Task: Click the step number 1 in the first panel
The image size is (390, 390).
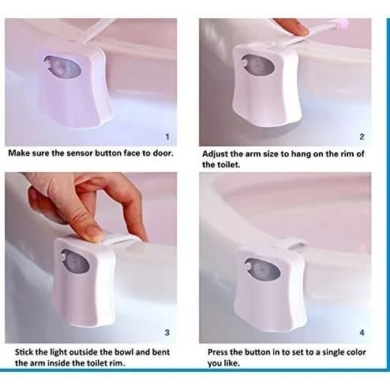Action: [167, 137]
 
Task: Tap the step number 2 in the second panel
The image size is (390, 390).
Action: [362, 137]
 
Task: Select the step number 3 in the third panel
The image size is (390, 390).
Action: [167, 332]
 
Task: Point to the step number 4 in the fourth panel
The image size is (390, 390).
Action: [362, 332]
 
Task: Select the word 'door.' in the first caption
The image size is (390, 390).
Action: [163, 153]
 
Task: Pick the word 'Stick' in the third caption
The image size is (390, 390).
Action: [24, 352]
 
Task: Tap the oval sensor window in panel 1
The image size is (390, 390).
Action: [62, 66]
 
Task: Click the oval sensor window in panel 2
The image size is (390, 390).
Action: [258, 66]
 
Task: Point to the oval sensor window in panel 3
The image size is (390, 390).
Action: [75, 261]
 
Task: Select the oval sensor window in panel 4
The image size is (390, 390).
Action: [263, 269]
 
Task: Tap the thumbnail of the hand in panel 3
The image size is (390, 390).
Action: [94, 233]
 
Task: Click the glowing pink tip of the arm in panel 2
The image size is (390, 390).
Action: [343, 24]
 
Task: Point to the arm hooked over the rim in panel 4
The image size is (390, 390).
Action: [294, 244]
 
